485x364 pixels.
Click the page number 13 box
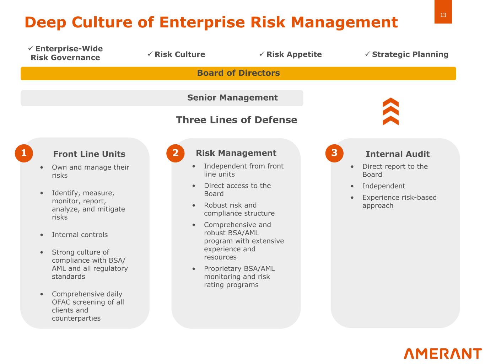(443, 11)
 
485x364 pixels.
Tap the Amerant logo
(443, 353)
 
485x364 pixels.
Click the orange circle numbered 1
(24, 153)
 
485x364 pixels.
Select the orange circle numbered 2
(175, 153)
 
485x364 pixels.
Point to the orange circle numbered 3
(334, 153)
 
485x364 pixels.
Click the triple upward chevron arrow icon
(390, 111)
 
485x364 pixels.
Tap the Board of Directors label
(238, 73)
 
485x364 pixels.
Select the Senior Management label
(232, 98)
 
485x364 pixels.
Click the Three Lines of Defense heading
(237, 120)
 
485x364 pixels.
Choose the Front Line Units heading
(89, 154)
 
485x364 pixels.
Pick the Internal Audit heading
(398, 154)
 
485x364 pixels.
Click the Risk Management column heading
(236, 153)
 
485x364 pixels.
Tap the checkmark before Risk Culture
(150, 54)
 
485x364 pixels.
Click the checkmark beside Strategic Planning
(367, 54)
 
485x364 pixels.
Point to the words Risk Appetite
(294, 54)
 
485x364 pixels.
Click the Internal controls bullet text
(80, 235)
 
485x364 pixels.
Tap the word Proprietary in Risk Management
(221, 269)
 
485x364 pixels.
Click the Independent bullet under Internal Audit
(384, 186)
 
